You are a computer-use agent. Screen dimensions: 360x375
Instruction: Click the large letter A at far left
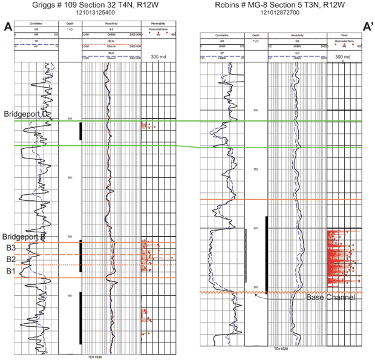point(8,27)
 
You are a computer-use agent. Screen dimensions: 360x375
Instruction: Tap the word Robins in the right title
point(227,4)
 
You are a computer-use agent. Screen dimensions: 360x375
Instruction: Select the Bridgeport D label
point(27,114)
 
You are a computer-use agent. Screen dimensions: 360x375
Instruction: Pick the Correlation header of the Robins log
point(222,36)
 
